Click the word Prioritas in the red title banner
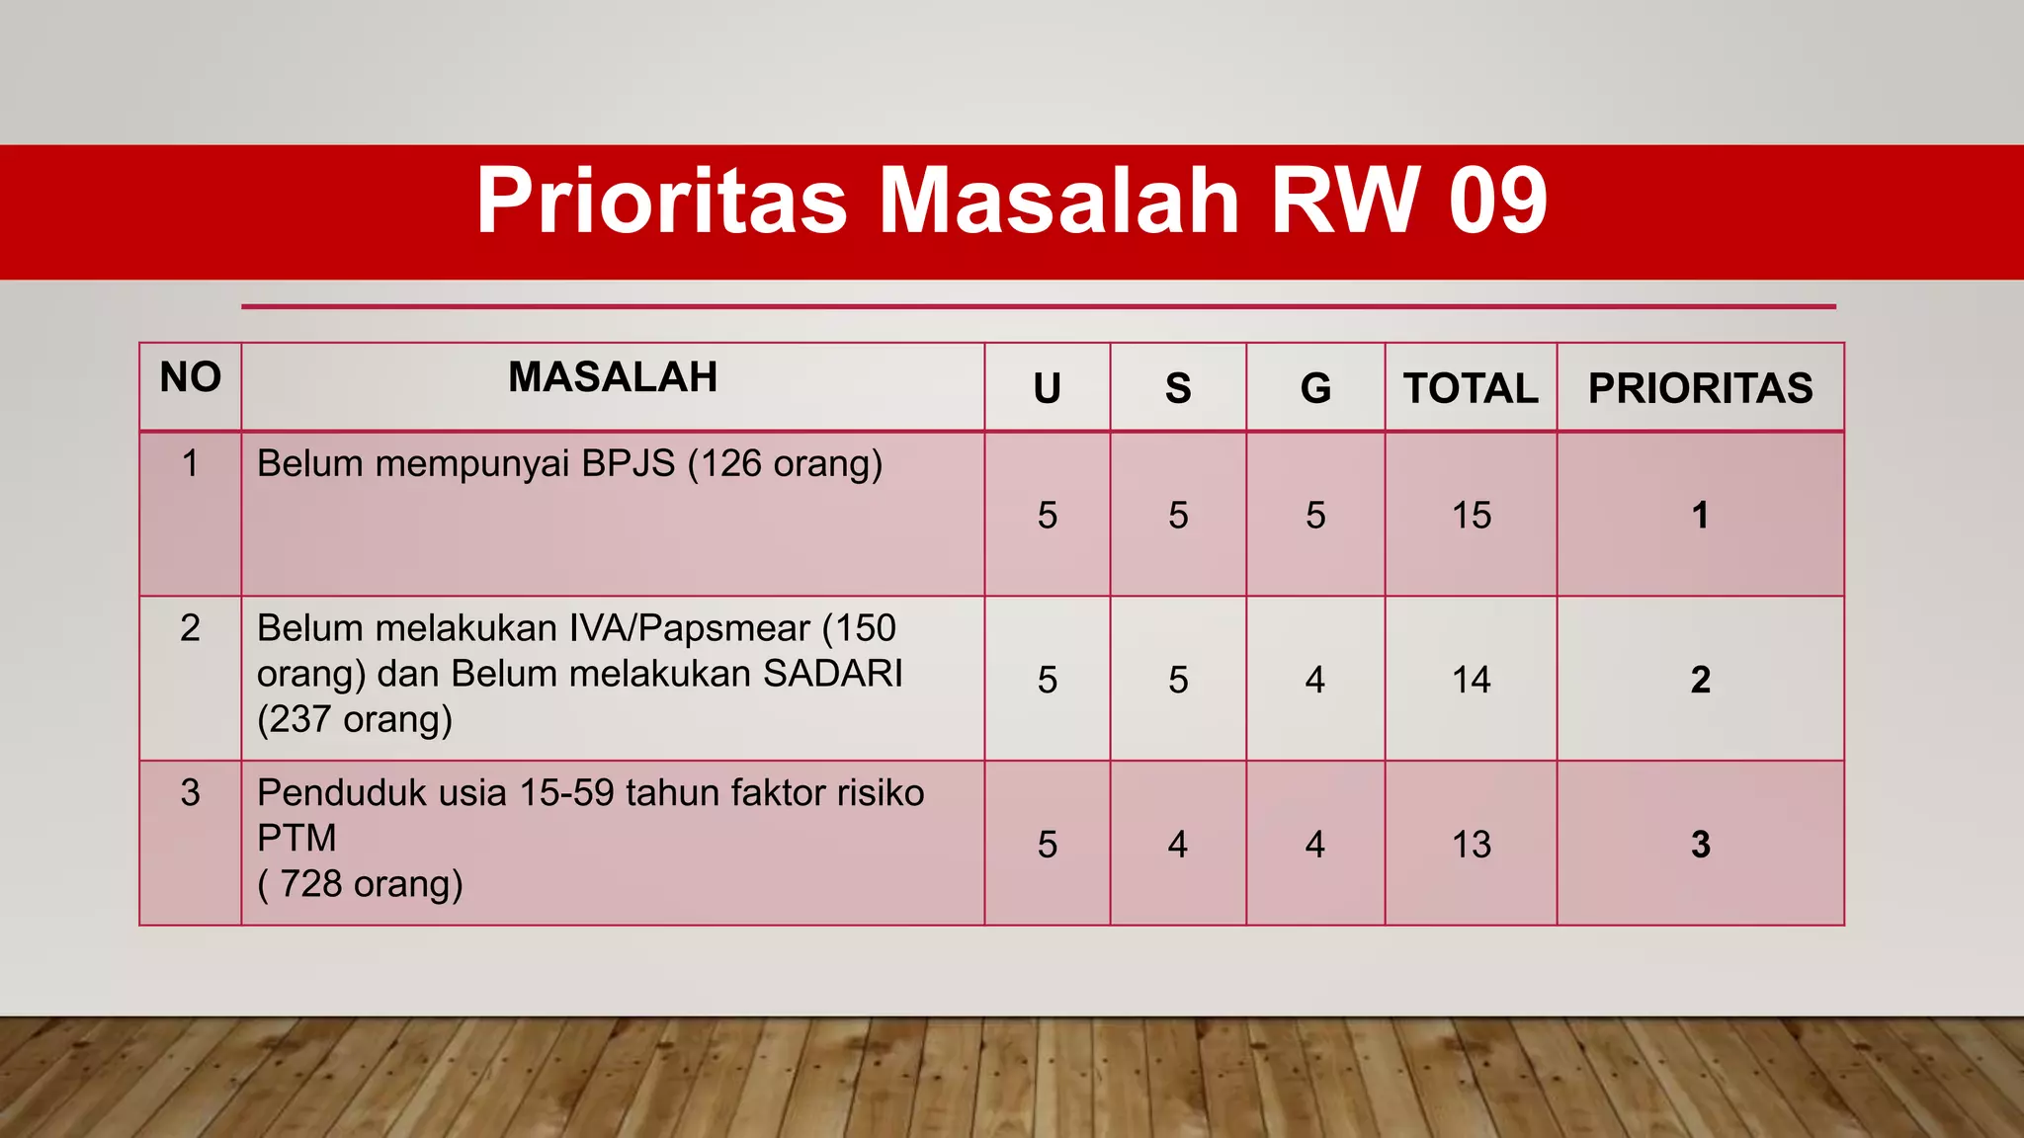point(661,201)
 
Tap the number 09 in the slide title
point(1497,201)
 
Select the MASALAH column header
point(613,377)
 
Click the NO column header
point(191,377)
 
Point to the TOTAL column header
point(1471,388)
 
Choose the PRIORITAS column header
point(1700,388)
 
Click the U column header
point(1048,388)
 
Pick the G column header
point(1315,388)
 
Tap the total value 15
point(1471,516)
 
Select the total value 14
point(1471,680)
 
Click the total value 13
point(1471,845)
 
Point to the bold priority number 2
point(1700,680)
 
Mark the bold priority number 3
point(1700,845)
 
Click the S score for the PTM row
point(1177,845)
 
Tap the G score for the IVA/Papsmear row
point(1314,680)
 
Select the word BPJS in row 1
point(628,463)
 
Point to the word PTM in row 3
point(296,839)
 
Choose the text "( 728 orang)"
point(360,884)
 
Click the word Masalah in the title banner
point(1058,201)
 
